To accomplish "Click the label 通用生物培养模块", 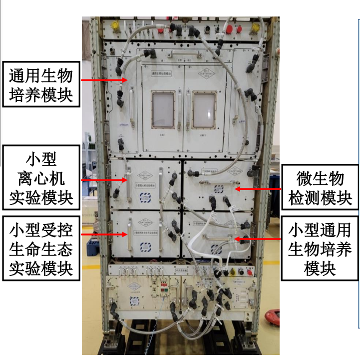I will (41, 85).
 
